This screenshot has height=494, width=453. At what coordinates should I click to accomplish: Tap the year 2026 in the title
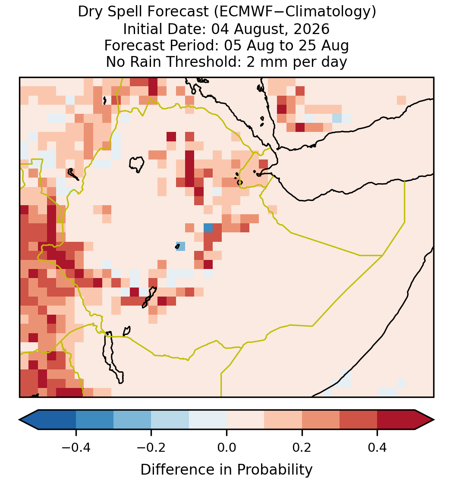(x=311, y=29)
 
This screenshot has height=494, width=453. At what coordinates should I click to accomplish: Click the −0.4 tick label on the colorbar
(x=75, y=447)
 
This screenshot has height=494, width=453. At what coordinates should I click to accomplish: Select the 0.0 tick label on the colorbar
(x=226, y=447)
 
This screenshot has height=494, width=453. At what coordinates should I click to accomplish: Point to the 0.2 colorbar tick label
(x=302, y=447)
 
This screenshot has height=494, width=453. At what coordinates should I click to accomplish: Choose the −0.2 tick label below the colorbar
(x=151, y=447)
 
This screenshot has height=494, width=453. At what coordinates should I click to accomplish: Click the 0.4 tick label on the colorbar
(x=377, y=447)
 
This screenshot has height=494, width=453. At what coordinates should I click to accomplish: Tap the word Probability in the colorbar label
(x=274, y=470)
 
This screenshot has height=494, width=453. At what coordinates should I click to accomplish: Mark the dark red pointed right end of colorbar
(x=425, y=420)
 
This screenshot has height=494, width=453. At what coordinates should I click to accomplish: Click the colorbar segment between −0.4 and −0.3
(x=94, y=420)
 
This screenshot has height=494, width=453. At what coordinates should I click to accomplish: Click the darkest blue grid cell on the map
(x=208, y=228)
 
